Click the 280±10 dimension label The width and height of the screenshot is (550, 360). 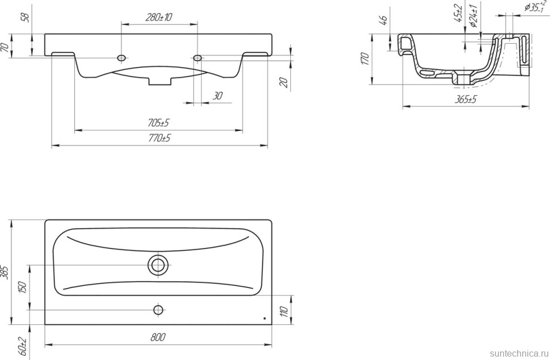pyautogui.click(x=159, y=17)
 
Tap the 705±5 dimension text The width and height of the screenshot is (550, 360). pyautogui.click(x=158, y=123)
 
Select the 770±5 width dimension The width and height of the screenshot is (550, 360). pyautogui.click(x=159, y=138)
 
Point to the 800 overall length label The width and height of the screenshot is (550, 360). pyautogui.click(x=158, y=337)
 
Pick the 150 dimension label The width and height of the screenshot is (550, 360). pyautogui.click(x=23, y=287)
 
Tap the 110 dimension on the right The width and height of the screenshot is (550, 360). pyautogui.click(x=284, y=311)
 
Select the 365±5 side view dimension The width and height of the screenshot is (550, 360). pyautogui.click(x=466, y=100)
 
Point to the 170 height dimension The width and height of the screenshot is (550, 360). pyautogui.click(x=365, y=59)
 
